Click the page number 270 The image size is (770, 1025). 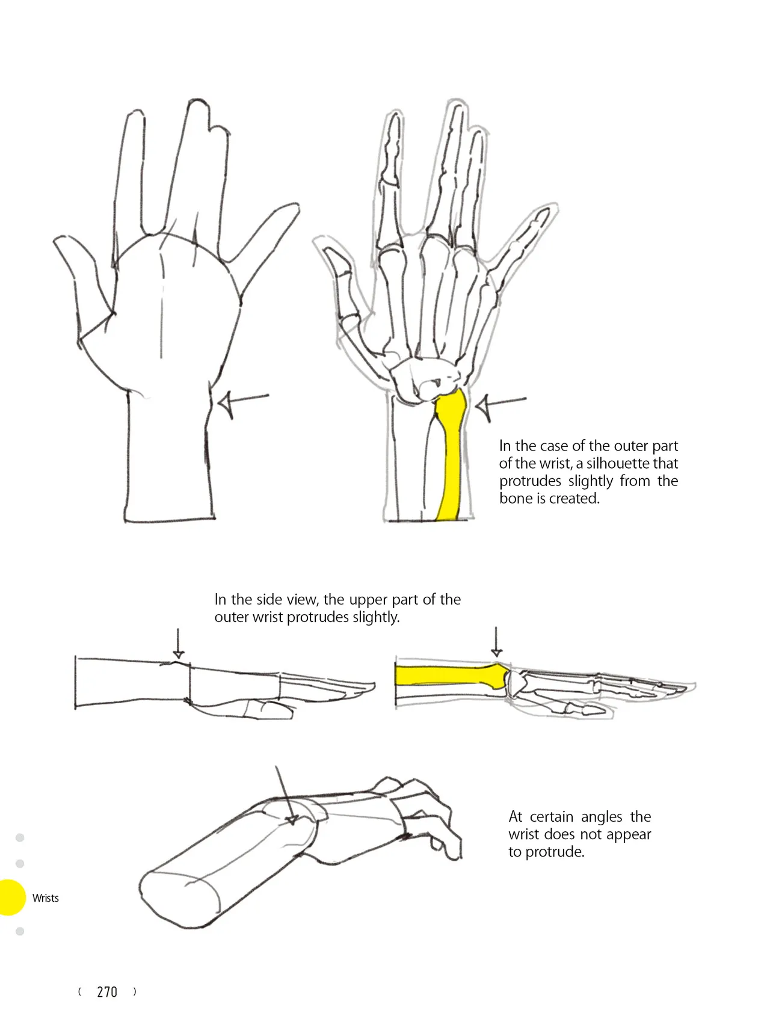click(107, 992)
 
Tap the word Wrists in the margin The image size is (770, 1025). click(46, 898)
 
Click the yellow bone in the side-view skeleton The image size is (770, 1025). click(451, 675)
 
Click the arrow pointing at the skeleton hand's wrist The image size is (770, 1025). click(500, 405)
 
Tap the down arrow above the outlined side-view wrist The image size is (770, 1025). click(178, 644)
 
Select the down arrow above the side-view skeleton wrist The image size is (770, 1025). click(496, 642)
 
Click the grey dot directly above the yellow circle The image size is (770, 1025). click(20, 864)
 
